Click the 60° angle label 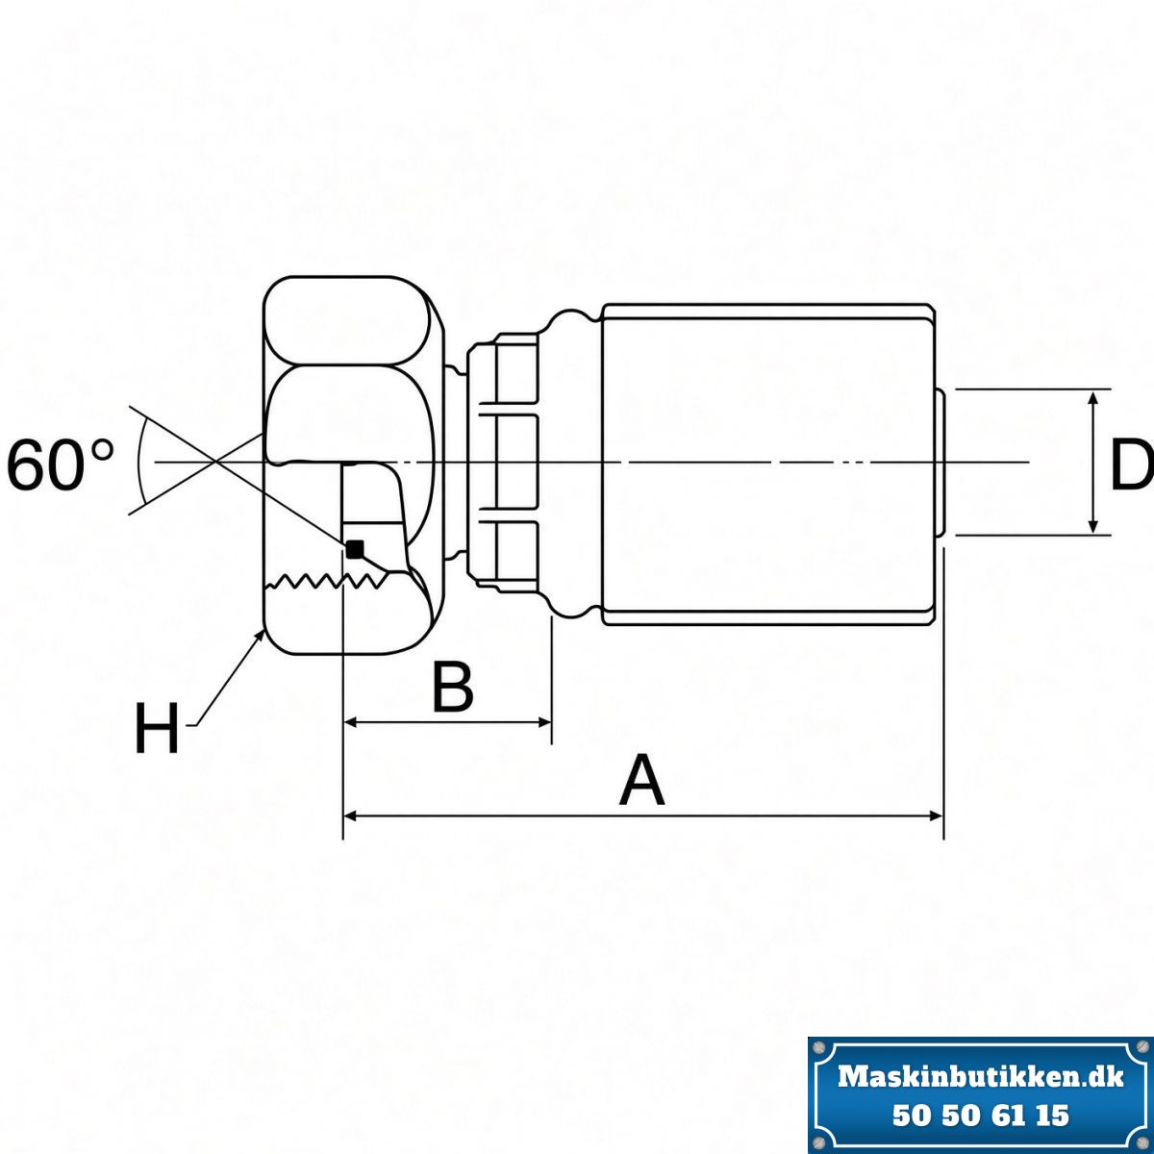(60, 464)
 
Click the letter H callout (157, 728)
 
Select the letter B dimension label (453, 688)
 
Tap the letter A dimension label (642, 780)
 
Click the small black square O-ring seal (355, 548)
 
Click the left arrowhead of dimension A (351, 815)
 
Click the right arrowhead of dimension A (936, 815)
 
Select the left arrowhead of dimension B (351, 723)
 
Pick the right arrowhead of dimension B (543, 723)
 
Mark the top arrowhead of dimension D (1094, 399)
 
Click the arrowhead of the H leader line (261, 636)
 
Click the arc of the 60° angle (140, 462)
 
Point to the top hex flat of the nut (348, 320)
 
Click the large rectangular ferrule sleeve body (767, 464)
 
